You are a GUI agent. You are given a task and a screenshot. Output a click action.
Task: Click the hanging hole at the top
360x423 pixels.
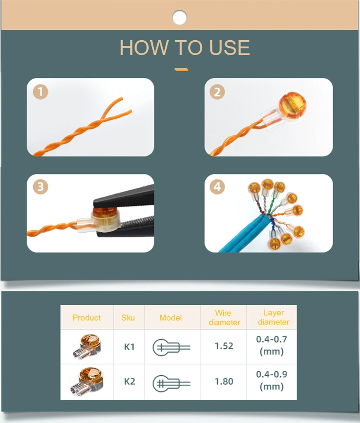point(179,18)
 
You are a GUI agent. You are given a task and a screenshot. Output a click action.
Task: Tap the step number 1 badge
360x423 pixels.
point(41,92)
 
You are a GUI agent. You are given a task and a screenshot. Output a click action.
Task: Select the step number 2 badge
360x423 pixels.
point(217,92)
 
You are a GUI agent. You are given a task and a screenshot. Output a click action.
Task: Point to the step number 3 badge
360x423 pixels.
point(41,187)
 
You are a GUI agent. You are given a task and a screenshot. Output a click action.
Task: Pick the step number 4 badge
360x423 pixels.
point(217,187)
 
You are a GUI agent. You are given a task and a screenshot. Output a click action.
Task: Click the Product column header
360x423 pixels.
point(86,317)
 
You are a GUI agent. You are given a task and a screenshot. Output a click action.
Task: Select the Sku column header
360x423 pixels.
point(128,317)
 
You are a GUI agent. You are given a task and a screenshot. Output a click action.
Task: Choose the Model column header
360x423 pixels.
point(171,317)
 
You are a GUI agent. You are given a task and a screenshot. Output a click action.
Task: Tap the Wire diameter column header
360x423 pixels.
point(224,317)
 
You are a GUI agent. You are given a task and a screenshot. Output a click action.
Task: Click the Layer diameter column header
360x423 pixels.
point(273,317)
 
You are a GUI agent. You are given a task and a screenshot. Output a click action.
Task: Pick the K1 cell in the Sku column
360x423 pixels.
point(130,347)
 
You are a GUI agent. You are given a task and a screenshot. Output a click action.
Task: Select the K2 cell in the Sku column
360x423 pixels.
point(130,382)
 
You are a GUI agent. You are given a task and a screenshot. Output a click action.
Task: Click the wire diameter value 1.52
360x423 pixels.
point(224,346)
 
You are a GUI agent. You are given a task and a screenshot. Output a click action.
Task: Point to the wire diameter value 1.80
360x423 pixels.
point(224,382)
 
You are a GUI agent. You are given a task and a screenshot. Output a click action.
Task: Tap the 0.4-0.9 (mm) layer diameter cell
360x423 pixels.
point(272,380)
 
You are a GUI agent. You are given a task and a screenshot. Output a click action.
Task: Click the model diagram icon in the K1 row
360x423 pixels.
point(171,348)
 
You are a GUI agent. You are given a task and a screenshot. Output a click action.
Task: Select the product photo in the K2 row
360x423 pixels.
point(87,382)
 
